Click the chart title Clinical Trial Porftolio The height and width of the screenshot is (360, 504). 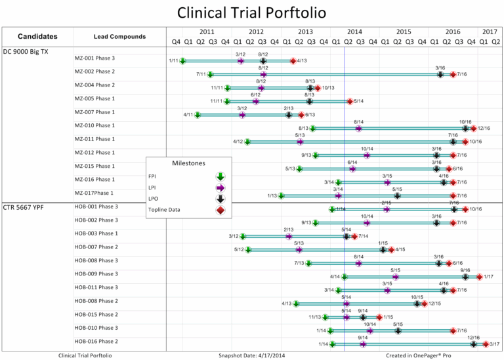[251, 13]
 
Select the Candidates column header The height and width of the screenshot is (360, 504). [37, 37]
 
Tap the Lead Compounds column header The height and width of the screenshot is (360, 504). [119, 37]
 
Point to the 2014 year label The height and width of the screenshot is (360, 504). [354, 31]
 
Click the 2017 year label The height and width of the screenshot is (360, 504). [490, 31]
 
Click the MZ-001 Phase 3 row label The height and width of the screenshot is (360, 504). [94, 58]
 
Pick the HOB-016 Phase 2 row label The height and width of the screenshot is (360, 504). [96, 342]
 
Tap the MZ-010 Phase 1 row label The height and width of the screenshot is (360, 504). [94, 126]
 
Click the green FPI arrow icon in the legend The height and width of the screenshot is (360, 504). [220, 176]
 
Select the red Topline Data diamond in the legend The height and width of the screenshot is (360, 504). [220, 210]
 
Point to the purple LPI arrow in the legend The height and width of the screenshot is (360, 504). [220, 188]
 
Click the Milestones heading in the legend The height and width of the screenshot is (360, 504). [188, 163]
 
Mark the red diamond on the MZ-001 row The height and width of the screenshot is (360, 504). [293, 61]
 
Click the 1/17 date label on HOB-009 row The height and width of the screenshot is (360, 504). [489, 277]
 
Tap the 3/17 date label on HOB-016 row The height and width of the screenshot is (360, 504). [495, 344]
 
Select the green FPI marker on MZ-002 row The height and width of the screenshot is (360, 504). [211, 75]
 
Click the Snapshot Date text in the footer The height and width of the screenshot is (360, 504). [252, 355]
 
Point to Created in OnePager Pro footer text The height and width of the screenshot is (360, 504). [419, 355]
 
